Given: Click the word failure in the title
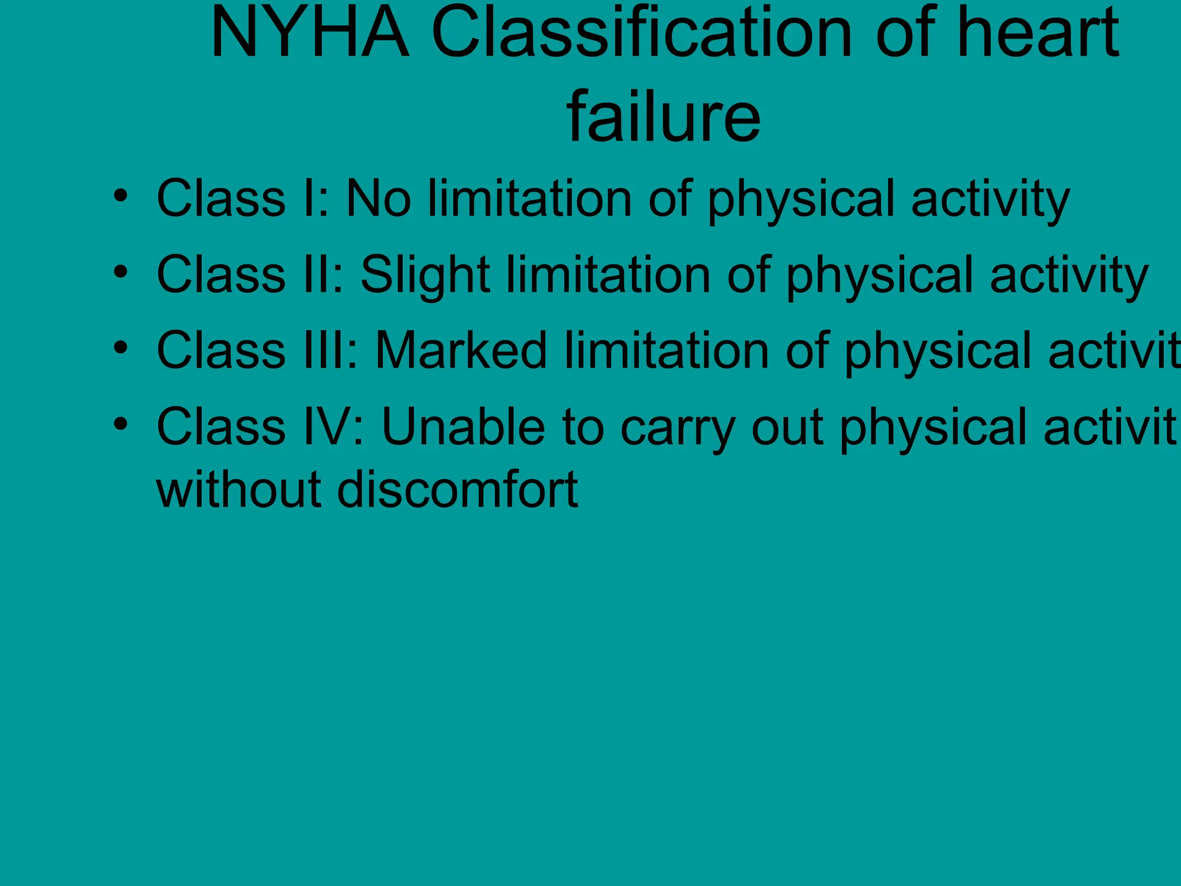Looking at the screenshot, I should click(663, 118).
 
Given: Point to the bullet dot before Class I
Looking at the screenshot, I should click(120, 196).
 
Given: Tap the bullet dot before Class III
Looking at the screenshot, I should click(120, 347).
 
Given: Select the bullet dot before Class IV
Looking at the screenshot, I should click(120, 424).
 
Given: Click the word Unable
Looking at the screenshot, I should click(463, 427).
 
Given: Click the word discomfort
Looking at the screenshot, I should click(457, 490).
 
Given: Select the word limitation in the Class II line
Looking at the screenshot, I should click(609, 275).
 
